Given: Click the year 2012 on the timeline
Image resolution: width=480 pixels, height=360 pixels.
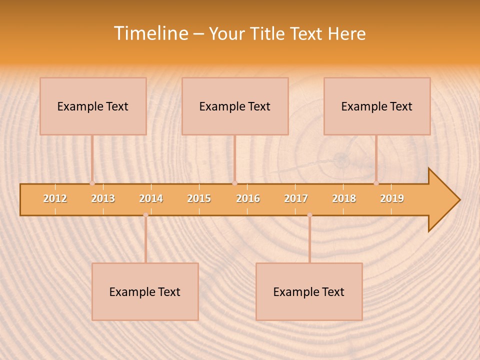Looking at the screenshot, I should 55,198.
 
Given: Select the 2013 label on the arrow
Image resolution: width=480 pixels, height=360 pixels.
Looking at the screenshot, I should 103,198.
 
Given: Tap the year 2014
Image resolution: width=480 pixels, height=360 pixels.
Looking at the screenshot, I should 151,198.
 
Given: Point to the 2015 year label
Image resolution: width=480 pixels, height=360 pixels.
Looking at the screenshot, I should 199,198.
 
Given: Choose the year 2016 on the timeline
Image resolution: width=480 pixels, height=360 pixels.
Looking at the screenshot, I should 248,198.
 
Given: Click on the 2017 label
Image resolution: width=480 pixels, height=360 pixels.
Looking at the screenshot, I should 296,198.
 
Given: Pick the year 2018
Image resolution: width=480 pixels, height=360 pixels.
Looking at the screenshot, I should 344,198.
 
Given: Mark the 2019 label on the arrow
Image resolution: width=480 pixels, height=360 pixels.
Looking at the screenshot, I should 392,198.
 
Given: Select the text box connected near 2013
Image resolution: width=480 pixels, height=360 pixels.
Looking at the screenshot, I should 93,106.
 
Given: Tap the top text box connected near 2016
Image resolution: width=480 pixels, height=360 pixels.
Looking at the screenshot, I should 235,106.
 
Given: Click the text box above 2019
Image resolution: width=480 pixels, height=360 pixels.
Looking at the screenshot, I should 377,106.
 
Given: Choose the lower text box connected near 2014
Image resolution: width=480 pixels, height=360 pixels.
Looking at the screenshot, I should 145,291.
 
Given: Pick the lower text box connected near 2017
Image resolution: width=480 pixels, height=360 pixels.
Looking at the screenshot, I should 309,291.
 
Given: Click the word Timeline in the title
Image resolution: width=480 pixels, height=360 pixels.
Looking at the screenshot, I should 150,33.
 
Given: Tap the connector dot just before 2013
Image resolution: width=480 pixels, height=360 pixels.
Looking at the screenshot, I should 92,183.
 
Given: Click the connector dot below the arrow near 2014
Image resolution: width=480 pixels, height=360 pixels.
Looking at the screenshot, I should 145,215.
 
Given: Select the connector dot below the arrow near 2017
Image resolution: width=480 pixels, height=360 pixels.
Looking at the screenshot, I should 309,215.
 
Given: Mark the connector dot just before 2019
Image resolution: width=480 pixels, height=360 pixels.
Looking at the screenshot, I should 376,183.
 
